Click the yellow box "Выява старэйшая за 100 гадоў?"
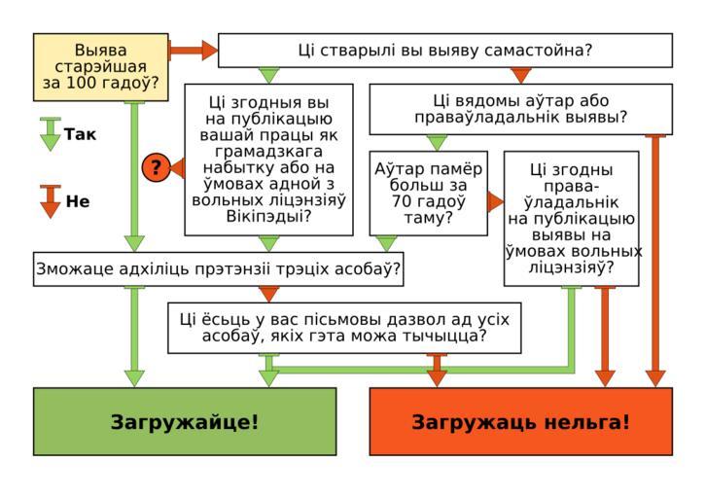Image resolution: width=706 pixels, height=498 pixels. [100, 67]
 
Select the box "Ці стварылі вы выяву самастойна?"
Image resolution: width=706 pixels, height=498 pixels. [444, 51]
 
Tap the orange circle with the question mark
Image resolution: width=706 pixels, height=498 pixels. [155, 167]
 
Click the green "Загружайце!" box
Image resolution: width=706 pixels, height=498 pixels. [185, 421]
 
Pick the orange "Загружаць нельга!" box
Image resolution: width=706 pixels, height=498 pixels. [520, 421]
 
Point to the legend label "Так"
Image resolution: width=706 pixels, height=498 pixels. [81, 134]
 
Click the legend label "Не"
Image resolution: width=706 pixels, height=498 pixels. [78, 202]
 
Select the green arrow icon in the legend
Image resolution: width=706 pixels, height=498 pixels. [51, 134]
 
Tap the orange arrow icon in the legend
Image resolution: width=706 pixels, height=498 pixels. [51, 201]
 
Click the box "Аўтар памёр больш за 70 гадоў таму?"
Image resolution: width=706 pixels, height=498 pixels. [428, 193]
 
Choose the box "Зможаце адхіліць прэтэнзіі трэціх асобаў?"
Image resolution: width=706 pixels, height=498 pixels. [219, 268]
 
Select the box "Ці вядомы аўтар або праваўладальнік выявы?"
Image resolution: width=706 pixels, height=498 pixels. [520, 109]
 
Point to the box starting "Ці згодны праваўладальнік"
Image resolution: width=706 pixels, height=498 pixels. [571, 218]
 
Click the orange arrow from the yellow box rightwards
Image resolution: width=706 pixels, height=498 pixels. [192, 50]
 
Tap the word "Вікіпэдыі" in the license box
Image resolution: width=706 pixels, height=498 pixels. [268, 216]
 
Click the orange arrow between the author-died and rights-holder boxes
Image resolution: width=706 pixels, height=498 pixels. [496, 201]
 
